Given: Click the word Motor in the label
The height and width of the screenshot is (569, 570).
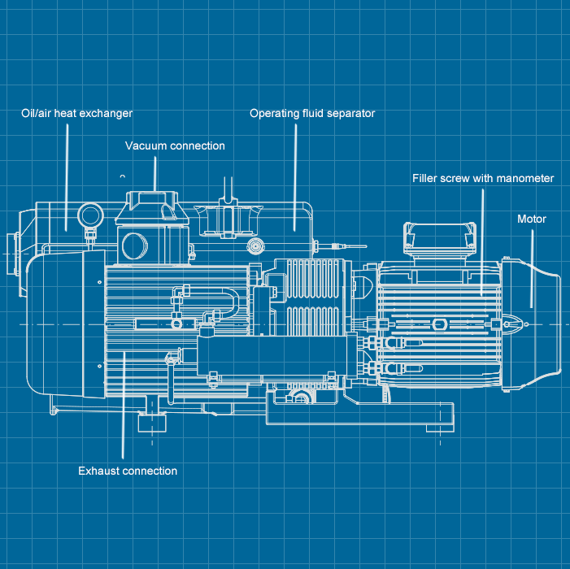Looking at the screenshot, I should [x=532, y=219].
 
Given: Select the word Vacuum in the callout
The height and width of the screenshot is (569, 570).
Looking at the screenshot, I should [x=144, y=146].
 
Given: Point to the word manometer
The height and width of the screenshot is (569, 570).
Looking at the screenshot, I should [x=526, y=178].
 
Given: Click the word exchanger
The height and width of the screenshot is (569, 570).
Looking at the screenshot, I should [x=110, y=114].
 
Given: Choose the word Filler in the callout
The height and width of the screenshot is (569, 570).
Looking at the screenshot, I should [x=425, y=178].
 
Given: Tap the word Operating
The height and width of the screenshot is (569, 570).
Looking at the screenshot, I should [x=272, y=114].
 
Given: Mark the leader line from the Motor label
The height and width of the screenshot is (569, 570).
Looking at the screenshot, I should [x=533, y=268].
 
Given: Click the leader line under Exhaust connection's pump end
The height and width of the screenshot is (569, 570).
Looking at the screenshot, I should [x=123, y=406].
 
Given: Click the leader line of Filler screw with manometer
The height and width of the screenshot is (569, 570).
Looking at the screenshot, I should [x=482, y=244].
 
